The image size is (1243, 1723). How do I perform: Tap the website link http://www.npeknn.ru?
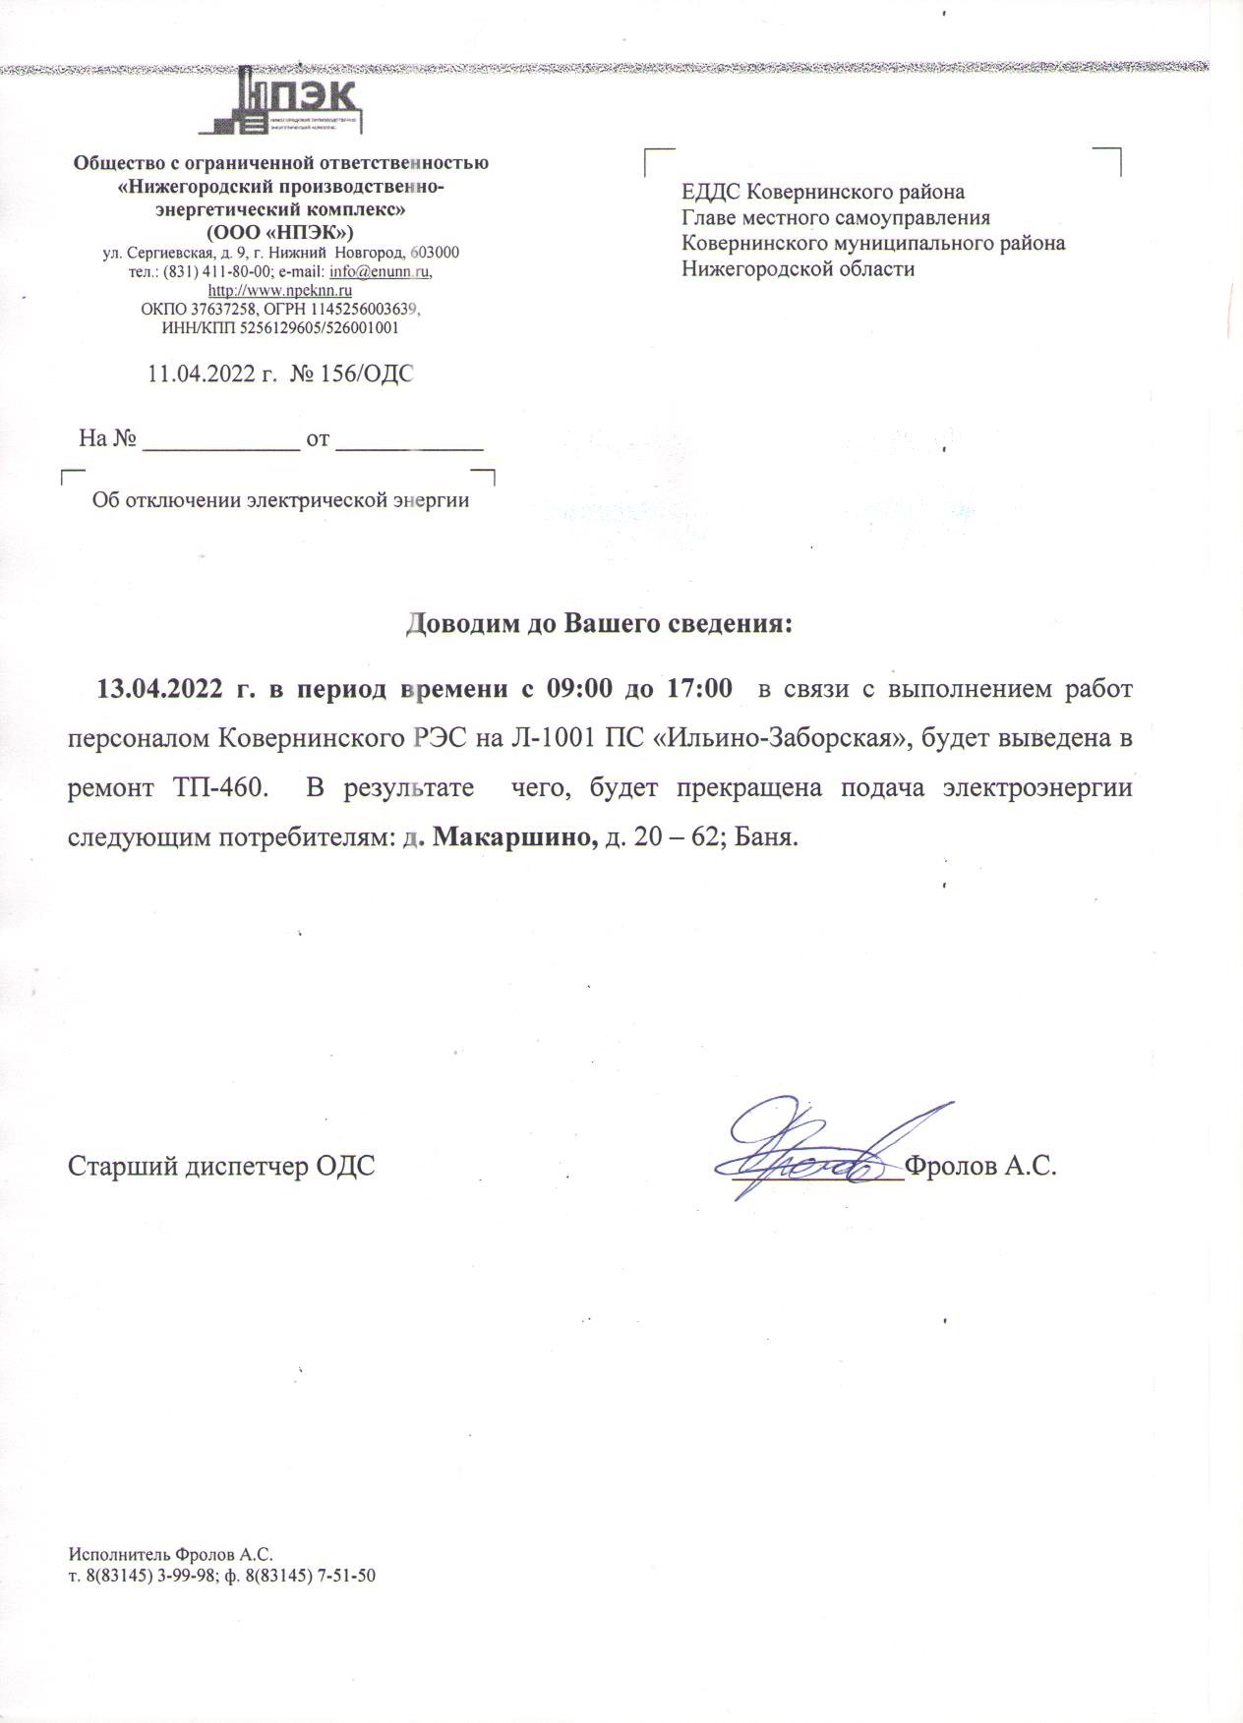[280, 291]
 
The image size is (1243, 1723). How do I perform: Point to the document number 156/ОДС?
[375, 374]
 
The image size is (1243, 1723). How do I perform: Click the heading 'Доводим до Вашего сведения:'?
[600, 625]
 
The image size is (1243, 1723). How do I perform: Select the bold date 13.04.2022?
[158, 688]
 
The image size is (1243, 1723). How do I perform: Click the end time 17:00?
[699, 688]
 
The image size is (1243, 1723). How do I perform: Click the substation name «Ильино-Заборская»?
[788, 738]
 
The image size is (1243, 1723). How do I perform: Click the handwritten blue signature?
[816, 1155]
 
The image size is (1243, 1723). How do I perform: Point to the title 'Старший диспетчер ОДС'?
[221, 1167]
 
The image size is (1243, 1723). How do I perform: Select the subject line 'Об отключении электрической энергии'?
[280, 500]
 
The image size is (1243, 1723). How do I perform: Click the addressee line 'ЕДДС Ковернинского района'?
[823, 192]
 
